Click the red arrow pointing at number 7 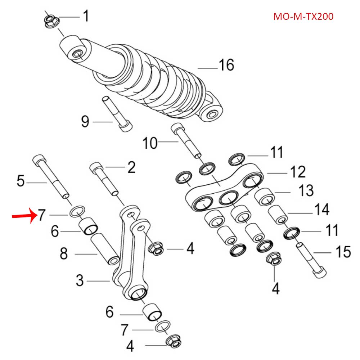(x=24, y=216)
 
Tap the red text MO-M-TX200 (x=303, y=17)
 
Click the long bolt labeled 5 (x=50, y=176)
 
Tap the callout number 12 (x=297, y=172)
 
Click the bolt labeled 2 (x=104, y=178)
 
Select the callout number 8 (x=64, y=255)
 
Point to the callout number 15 (x=342, y=252)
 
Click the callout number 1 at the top (x=86, y=16)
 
